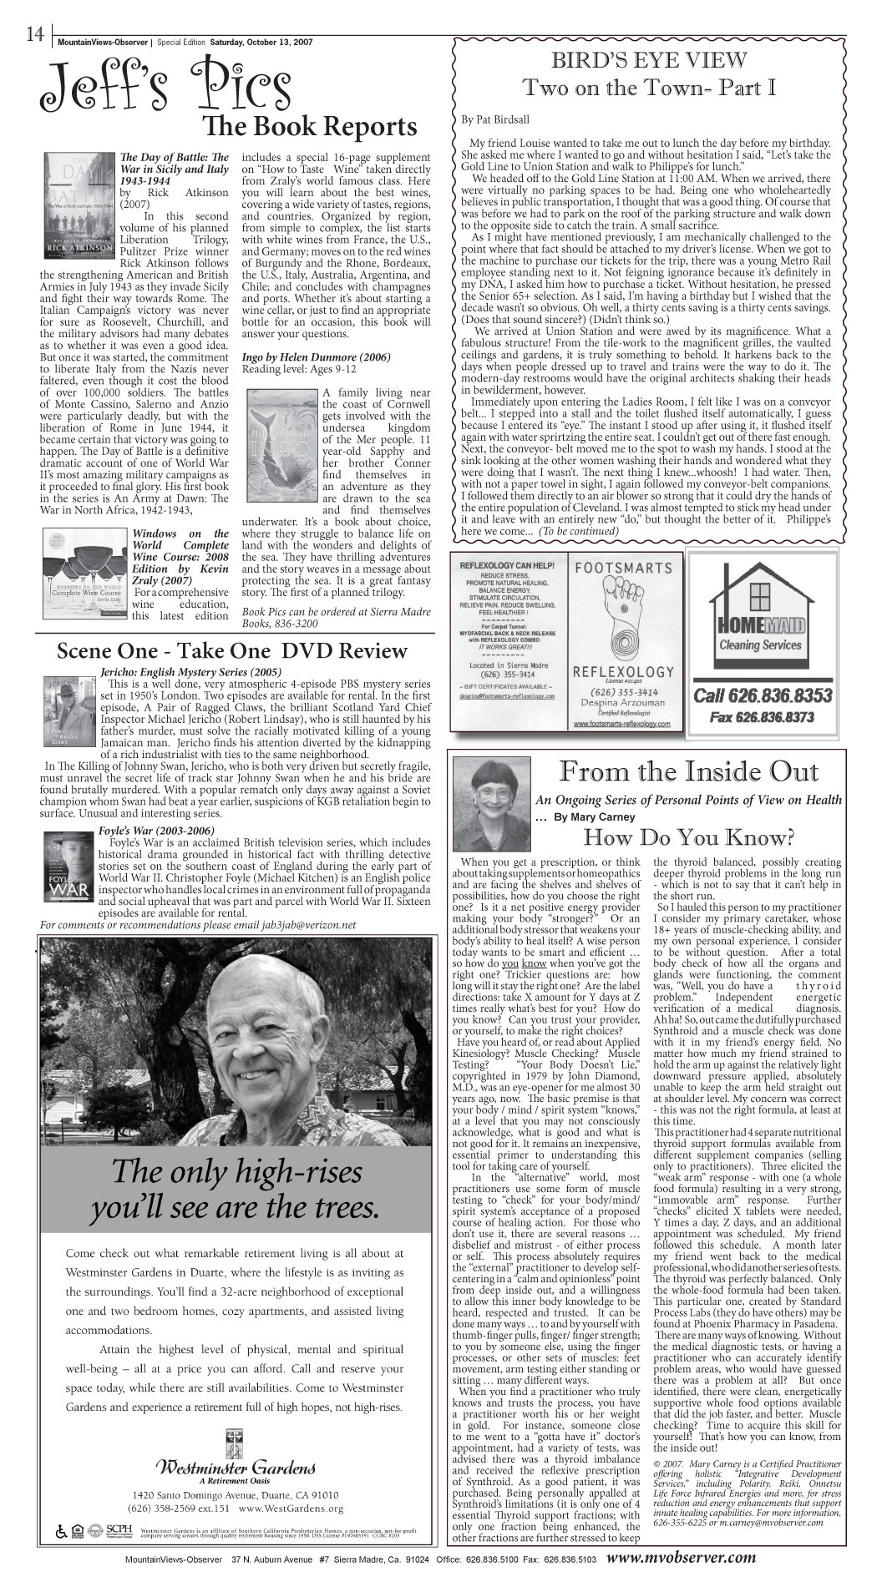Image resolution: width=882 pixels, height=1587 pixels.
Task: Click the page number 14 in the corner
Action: [x=33, y=33]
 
